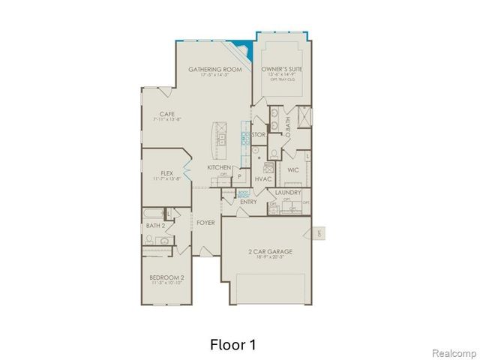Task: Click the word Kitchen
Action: click(219, 167)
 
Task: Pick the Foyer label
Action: click(205, 223)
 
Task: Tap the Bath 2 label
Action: click(155, 225)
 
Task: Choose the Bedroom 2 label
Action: click(166, 277)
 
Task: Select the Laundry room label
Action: click(288, 193)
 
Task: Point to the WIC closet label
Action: click(292, 169)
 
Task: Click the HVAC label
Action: click(262, 179)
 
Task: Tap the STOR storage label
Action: click(259, 135)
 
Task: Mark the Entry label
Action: click(248, 202)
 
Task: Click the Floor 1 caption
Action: click(233, 345)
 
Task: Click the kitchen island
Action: click(221, 136)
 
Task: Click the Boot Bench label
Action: click(244, 192)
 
